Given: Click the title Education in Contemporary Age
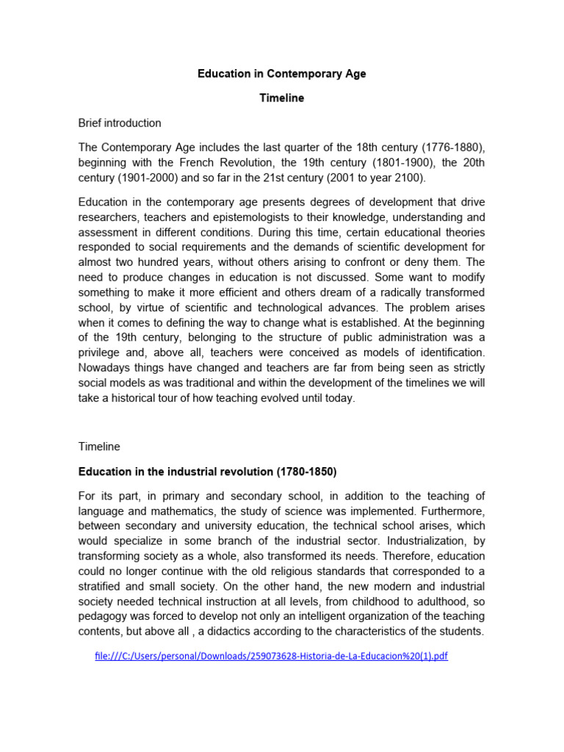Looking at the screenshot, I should pos(282,74).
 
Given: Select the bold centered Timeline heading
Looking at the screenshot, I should pos(281,98).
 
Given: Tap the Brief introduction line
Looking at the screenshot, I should pos(120,123).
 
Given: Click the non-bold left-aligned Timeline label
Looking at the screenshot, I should pos(99,446).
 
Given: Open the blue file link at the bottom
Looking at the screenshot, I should pos(271,656).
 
